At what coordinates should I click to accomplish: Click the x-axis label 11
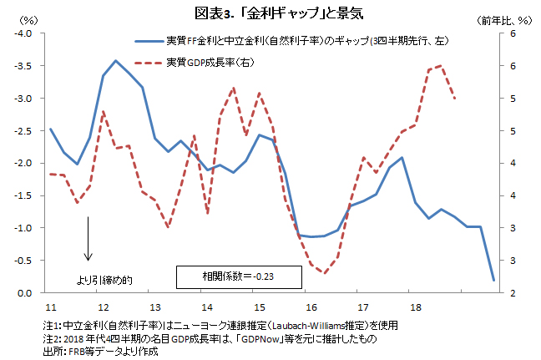[50, 307]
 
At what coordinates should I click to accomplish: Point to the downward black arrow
[88, 249]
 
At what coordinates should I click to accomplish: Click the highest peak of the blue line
[116, 60]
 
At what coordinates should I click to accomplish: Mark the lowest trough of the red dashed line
[325, 273]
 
